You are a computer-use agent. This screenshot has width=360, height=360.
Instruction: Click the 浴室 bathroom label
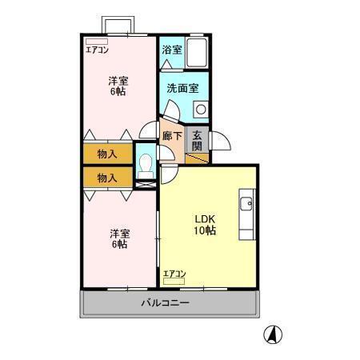pos(172,50)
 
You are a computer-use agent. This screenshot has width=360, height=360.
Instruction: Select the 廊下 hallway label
pos(171,136)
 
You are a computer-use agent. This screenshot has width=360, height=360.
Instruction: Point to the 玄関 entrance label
pos(198,140)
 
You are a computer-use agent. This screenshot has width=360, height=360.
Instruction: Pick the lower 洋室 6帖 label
pos(118,238)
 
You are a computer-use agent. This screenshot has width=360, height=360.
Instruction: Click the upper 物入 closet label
pos(107,153)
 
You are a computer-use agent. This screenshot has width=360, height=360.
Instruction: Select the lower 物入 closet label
pos(107,178)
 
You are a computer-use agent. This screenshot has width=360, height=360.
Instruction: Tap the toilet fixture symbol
pos(146,166)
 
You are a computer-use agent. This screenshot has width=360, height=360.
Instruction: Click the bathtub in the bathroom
pos(197,51)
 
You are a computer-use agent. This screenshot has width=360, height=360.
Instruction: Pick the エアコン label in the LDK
pos(174,274)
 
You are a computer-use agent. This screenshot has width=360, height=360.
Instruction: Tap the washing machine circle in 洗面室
pos(200,108)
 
